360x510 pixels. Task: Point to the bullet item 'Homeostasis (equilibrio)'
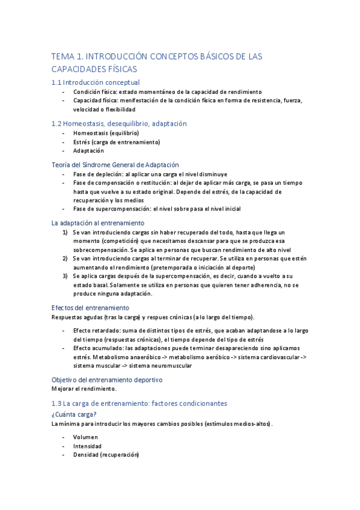coord(106,133)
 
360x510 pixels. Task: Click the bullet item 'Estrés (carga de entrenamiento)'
coord(117,142)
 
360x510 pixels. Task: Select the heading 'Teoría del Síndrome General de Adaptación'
coord(115,165)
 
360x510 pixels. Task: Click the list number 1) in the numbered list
coord(66,232)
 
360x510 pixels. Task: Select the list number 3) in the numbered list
coord(66,276)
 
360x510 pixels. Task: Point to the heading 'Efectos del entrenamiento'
coord(90,308)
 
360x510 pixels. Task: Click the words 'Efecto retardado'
coord(97,331)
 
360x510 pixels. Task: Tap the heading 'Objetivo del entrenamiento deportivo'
coord(106,379)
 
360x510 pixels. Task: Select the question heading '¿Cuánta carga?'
coord(75,414)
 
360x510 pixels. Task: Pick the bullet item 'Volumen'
coord(85,437)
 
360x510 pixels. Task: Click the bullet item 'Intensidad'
coord(87,446)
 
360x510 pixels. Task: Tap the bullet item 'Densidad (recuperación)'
coord(106,455)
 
